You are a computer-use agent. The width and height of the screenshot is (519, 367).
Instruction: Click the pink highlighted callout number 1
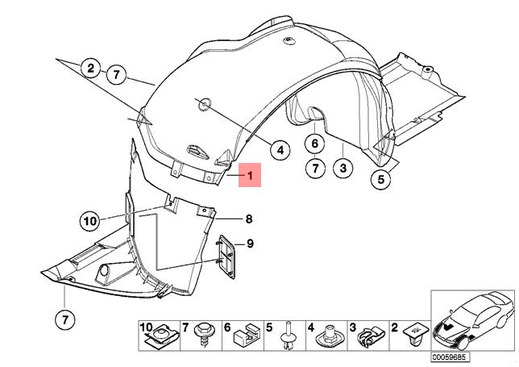(250, 174)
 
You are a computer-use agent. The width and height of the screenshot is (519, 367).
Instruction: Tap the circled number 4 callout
(280, 150)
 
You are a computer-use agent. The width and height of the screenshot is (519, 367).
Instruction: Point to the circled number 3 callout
(344, 168)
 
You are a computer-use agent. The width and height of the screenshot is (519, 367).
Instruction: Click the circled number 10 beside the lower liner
(89, 219)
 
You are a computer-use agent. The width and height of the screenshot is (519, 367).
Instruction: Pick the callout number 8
(249, 218)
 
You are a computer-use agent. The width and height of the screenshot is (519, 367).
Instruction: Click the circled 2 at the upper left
(91, 67)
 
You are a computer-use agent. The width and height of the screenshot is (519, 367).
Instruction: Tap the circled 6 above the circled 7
(315, 145)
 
